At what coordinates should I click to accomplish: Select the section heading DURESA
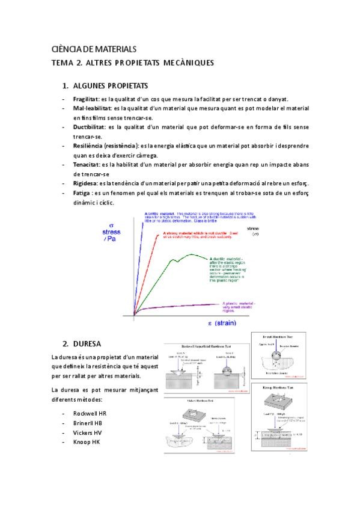click(x=87, y=343)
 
